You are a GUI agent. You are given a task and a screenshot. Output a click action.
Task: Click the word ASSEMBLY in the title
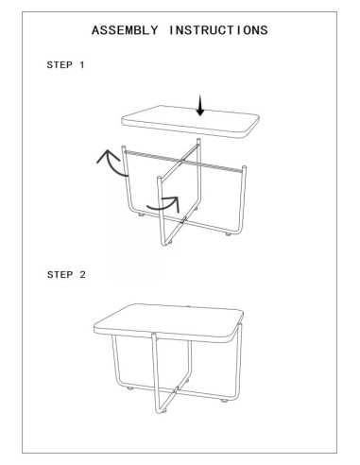click(125, 30)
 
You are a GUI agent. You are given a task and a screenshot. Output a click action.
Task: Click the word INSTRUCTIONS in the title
click(218, 30)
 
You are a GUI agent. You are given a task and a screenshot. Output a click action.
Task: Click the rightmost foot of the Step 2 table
click(225, 402)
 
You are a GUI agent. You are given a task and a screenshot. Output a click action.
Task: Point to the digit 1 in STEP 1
click(82, 66)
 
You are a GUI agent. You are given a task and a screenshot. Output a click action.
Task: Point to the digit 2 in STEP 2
click(82, 275)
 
